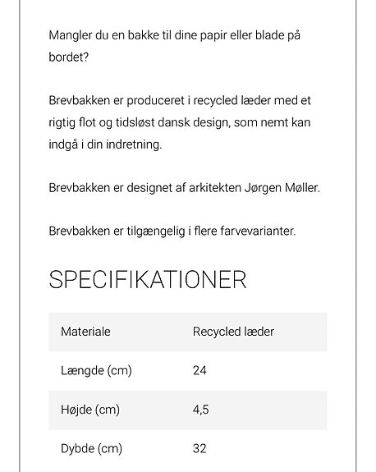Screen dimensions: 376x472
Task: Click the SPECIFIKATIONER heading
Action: [x=148, y=279]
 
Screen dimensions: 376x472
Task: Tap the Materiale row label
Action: [x=85, y=332]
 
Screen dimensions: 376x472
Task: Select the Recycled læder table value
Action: [x=233, y=332]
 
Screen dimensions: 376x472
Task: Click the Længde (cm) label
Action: [x=96, y=370]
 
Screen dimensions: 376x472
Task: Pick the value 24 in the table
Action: [x=199, y=370]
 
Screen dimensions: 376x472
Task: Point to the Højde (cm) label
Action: [x=90, y=410]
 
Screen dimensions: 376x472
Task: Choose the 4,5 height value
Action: [x=200, y=410]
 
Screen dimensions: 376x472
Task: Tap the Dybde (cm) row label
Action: [x=91, y=448]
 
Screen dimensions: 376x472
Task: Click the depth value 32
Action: [x=199, y=448]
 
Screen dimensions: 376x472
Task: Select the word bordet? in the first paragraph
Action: [x=69, y=58]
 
